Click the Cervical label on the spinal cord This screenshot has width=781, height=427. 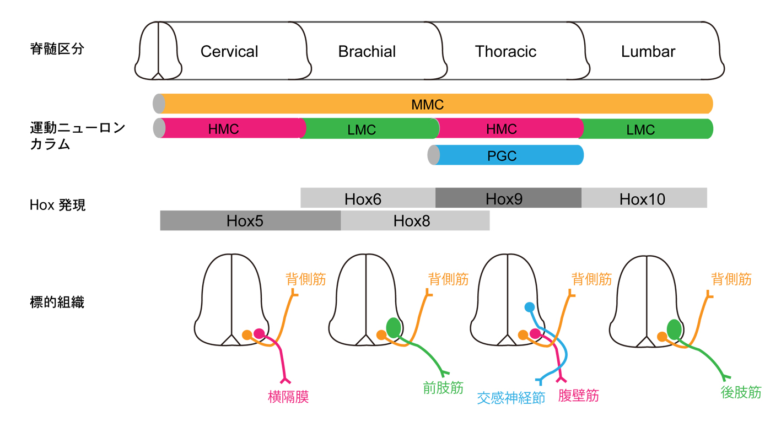229,52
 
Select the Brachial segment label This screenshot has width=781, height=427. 367,52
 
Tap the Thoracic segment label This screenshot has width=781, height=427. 505,52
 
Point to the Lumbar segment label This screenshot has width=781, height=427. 648,52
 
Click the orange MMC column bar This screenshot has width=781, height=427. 427,104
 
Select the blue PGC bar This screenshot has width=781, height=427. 502,155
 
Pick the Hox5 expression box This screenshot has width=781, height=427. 245,220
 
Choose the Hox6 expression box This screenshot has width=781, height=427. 363,198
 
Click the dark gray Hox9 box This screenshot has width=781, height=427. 504,198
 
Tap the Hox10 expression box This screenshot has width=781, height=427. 642,198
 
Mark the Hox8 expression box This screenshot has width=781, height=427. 412,220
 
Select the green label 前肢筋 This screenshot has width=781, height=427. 443,387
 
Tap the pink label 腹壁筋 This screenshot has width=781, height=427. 578,396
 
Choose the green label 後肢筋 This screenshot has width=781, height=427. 741,392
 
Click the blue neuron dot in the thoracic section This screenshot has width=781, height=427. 529,307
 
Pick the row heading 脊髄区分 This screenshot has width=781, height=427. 57,49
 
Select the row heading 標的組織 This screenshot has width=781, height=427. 57,302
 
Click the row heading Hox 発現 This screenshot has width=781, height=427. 57,206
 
